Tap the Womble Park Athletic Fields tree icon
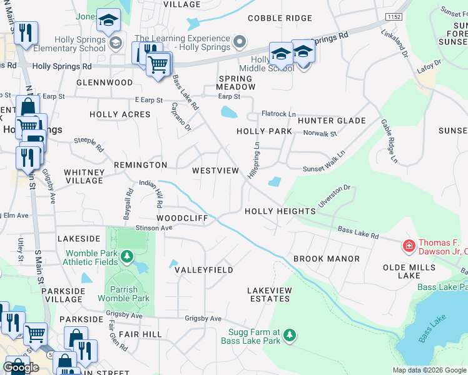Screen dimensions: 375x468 click(x=127, y=257)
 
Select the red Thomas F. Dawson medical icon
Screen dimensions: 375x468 click(x=409, y=247)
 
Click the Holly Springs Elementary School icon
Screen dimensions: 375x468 click(x=115, y=42)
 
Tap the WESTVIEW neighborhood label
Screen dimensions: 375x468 click(x=215, y=171)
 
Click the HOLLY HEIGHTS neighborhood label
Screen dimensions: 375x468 click(x=280, y=211)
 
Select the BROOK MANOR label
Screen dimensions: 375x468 click(x=326, y=259)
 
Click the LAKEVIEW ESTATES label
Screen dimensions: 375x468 click(x=269, y=294)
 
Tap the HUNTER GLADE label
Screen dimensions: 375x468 click(x=331, y=121)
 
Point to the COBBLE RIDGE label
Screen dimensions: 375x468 click(x=279, y=18)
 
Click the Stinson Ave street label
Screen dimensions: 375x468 click(x=153, y=228)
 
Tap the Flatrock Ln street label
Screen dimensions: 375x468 click(x=279, y=114)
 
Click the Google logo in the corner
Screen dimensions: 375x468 click(x=21, y=367)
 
